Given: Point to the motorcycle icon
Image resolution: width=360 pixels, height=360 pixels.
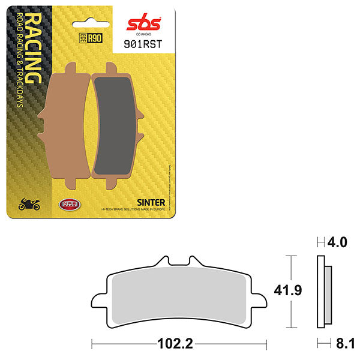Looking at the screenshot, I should (x=29, y=205).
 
